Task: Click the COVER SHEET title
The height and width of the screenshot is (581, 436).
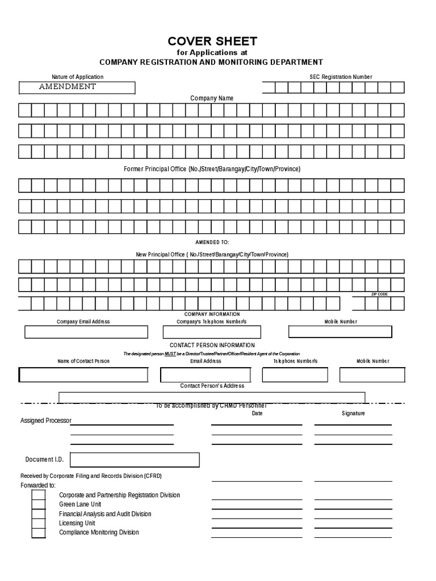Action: point(212,41)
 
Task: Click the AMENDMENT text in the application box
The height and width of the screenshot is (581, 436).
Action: point(67,87)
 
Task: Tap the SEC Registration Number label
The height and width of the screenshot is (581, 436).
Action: point(341,77)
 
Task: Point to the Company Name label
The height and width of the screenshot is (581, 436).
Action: point(212,98)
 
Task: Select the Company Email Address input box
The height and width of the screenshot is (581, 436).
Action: point(86,332)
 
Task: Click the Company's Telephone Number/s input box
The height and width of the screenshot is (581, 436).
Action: point(212,332)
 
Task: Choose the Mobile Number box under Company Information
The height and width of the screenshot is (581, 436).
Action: point(340,332)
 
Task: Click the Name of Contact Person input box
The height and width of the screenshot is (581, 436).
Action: point(83,375)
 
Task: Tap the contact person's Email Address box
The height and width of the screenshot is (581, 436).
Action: point(206,375)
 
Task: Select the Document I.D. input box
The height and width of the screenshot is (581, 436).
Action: point(135,460)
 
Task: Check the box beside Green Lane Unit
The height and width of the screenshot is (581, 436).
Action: point(39,504)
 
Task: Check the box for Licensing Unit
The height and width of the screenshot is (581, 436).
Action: point(39,523)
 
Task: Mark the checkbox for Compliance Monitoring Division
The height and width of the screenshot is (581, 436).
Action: point(39,533)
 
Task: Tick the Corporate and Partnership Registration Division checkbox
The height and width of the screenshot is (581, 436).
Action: point(39,495)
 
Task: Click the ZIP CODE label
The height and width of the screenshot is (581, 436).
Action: point(379,294)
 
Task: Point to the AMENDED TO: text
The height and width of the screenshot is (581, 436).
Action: point(212,242)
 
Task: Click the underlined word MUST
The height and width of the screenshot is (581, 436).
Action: point(170,353)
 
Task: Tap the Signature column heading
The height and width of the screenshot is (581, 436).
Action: point(353,414)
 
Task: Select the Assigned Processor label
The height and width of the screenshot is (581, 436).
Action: point(46,421)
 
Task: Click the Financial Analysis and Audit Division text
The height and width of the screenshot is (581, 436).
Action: point(105,514)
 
